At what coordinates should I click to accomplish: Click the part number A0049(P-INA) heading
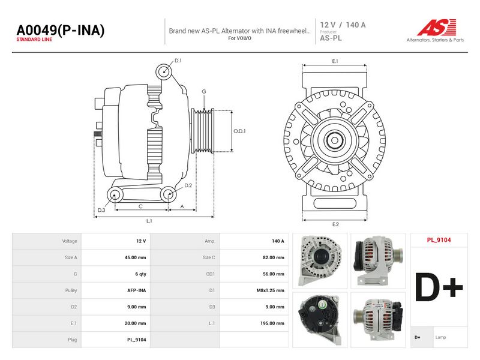tap(61, 31)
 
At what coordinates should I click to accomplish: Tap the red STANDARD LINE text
tap(34, 40)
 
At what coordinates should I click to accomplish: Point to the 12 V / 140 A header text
tap(343, 25)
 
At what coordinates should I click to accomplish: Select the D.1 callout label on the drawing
tap(178, 61)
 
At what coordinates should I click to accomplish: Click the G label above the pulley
tap(204, 92)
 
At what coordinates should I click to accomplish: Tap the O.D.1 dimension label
tap(239, 131)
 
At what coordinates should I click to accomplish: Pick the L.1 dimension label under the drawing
tap(149, 221)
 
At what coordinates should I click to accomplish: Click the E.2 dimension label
tap(335, 224)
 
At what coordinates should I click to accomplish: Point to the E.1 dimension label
tap(335, 61)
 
